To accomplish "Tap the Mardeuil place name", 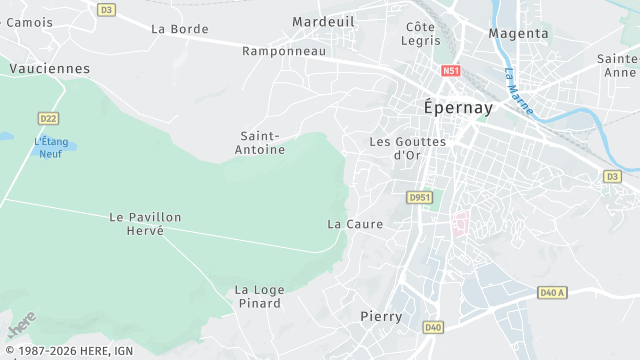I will tap(323, 21).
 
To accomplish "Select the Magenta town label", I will tap(518, 33).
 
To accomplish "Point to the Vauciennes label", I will tap(49, 69).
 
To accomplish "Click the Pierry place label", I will tap(381, 316).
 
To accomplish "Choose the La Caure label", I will tap(355, 224).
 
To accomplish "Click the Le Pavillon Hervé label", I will tap(145, 223).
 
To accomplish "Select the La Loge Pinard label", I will tap(260, 297).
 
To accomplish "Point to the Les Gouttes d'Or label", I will tap(407, 148).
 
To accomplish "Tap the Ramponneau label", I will tap(284, 50).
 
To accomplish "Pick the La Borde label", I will tap(180, 29).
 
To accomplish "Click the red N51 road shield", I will tap(451, 71).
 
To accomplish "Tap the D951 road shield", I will tap(419, 198).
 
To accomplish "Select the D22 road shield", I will tap(48, 118).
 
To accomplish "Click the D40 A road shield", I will tap(552, 293).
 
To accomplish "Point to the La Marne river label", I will tap(518, 89).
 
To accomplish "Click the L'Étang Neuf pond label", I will tap(50, 147).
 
